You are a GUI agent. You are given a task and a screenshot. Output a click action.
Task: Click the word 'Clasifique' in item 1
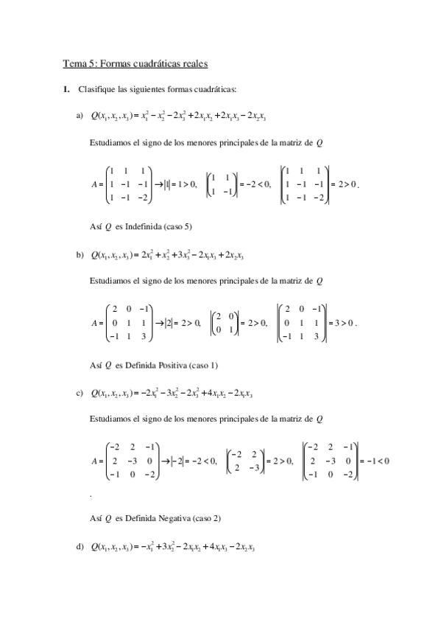(94, 90)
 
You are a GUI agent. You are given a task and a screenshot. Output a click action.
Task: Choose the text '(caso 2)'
(207, 517)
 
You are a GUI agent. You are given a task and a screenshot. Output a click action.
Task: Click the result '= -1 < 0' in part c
(373, 461)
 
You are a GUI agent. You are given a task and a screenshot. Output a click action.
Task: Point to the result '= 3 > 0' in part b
(342, 323)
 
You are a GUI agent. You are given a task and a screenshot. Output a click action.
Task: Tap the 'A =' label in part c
(95, 461)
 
